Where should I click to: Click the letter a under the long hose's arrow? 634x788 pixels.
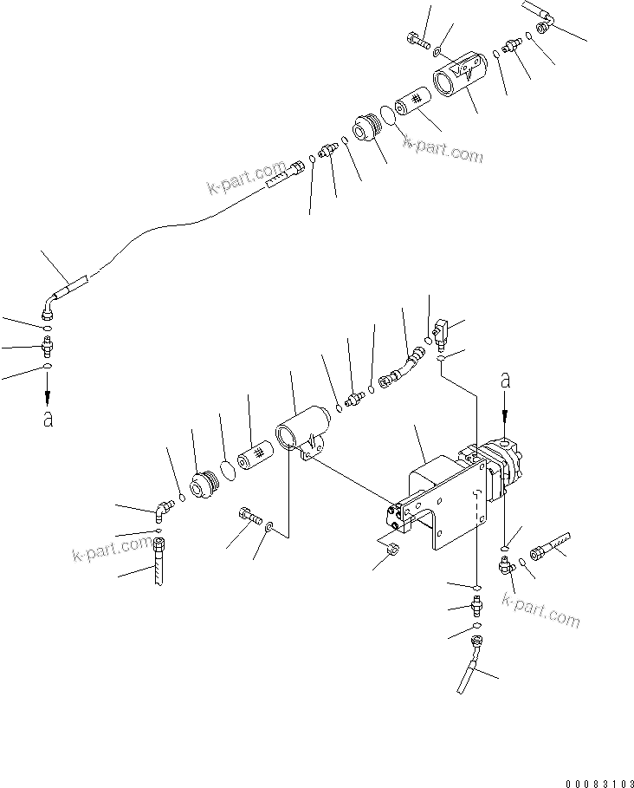point(49,419)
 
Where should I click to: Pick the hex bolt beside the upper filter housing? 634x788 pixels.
point(415,38)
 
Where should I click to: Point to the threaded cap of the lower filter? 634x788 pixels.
point(206,483)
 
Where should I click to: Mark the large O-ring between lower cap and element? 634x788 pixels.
point(226,469)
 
